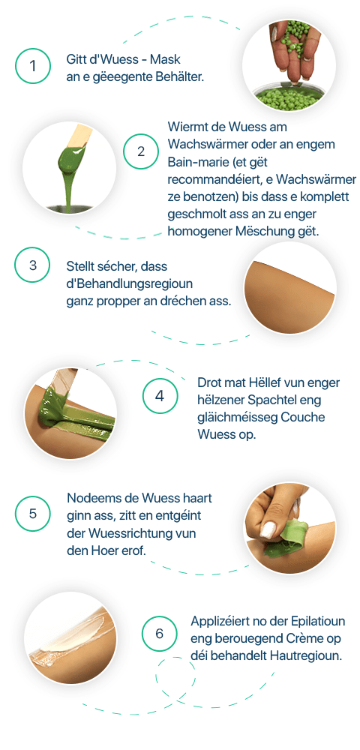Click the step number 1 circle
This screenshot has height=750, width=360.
coord(32,66)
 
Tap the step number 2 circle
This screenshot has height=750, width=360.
coord(140,151)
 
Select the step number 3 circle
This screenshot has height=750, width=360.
coord(32,265)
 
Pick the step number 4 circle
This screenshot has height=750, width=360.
coord(160,396)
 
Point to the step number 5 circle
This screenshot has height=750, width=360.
coord(32,514)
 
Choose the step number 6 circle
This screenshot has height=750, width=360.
coord(159,634)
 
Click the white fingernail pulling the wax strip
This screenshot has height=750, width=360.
coord(266,531)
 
